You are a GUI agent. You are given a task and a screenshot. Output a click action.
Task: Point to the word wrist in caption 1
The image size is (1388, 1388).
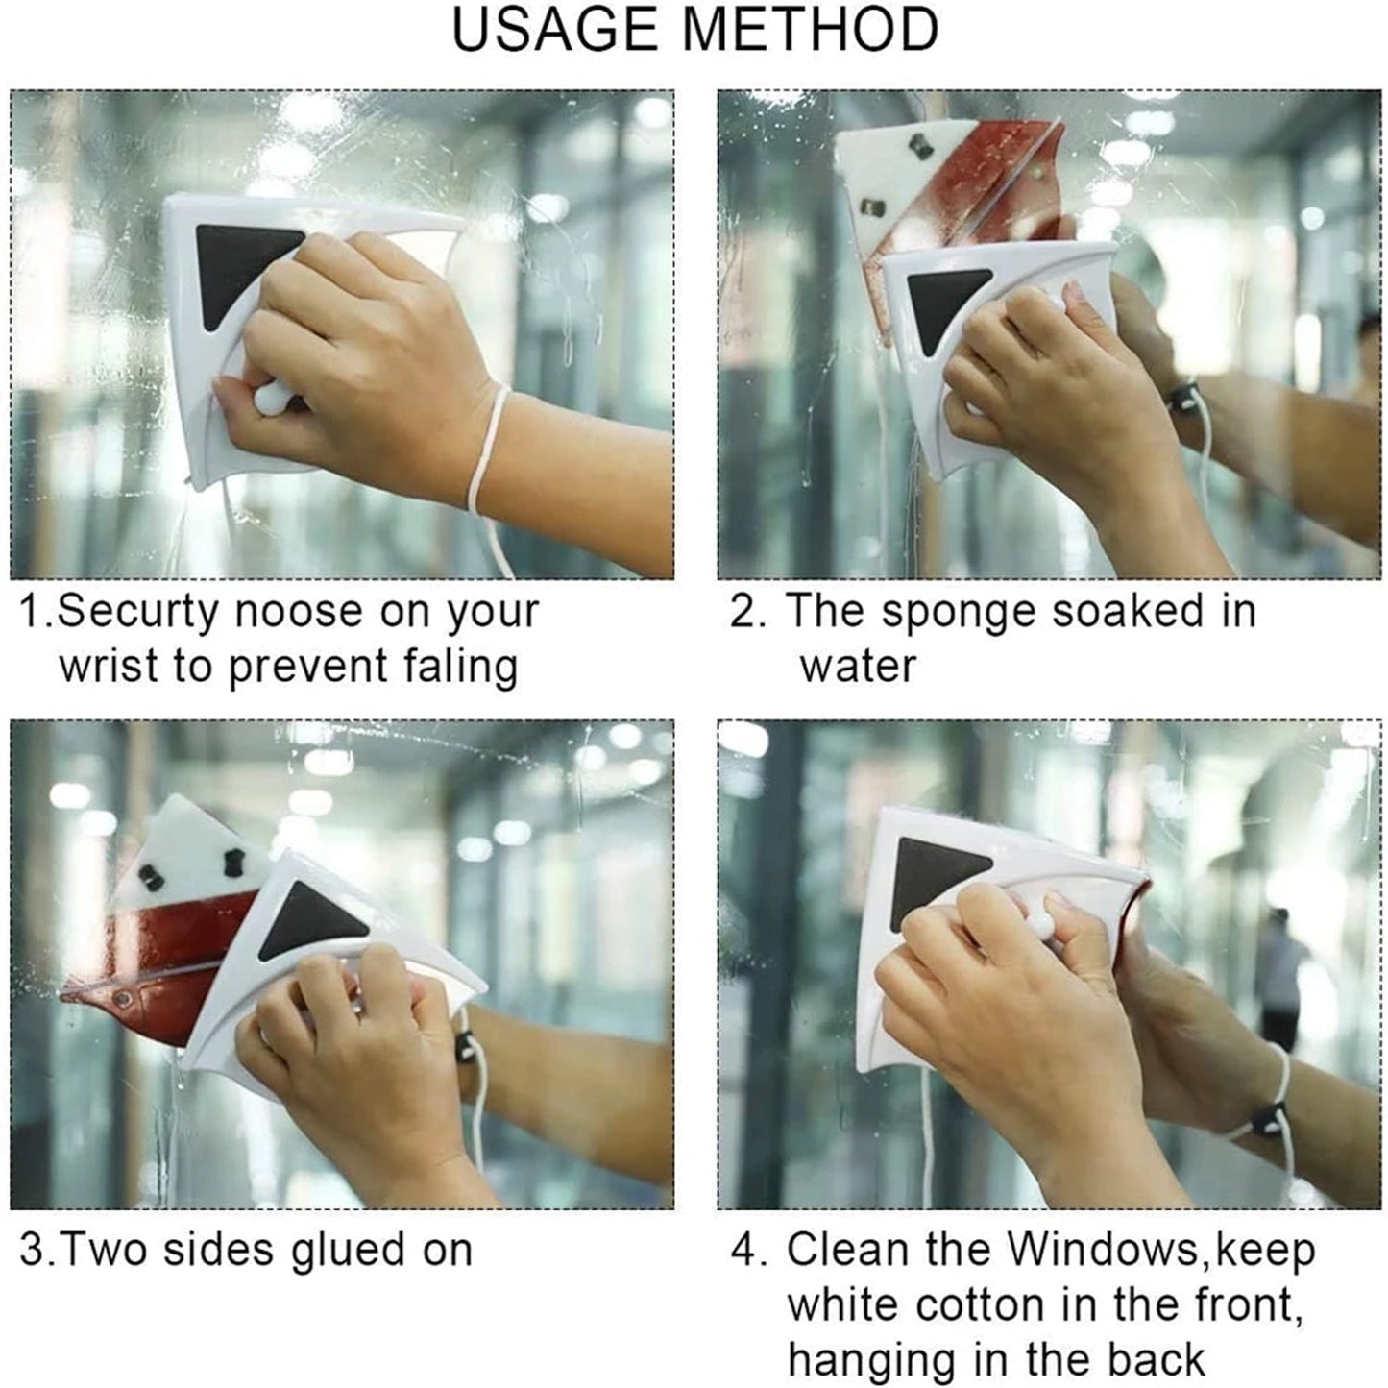[x=109, y=666]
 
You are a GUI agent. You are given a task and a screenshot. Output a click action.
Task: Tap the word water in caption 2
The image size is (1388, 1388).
[x=858, y=666]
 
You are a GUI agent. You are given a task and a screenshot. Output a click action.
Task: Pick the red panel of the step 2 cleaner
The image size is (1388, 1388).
[x=999, y=183]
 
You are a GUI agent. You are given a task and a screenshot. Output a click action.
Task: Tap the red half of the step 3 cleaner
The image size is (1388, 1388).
[x=168, y=951]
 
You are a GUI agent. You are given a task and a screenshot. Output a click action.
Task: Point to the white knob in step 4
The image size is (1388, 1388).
[x=1034, y=928]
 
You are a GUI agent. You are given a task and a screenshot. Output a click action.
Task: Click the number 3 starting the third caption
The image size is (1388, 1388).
[x=30, y=1251]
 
